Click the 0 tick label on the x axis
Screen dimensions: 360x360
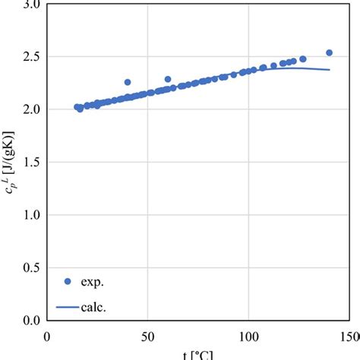pos(47,336)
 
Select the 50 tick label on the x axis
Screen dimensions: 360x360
pos(147,336)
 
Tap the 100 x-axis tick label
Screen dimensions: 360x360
pos(248,336)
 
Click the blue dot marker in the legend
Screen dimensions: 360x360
pos(68,282)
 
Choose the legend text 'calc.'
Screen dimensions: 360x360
pos(99,307)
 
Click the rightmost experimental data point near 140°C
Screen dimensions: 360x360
pos(329,53)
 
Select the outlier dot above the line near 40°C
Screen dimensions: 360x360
pos(128,82)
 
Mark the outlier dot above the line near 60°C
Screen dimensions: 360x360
pos(168,79)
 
